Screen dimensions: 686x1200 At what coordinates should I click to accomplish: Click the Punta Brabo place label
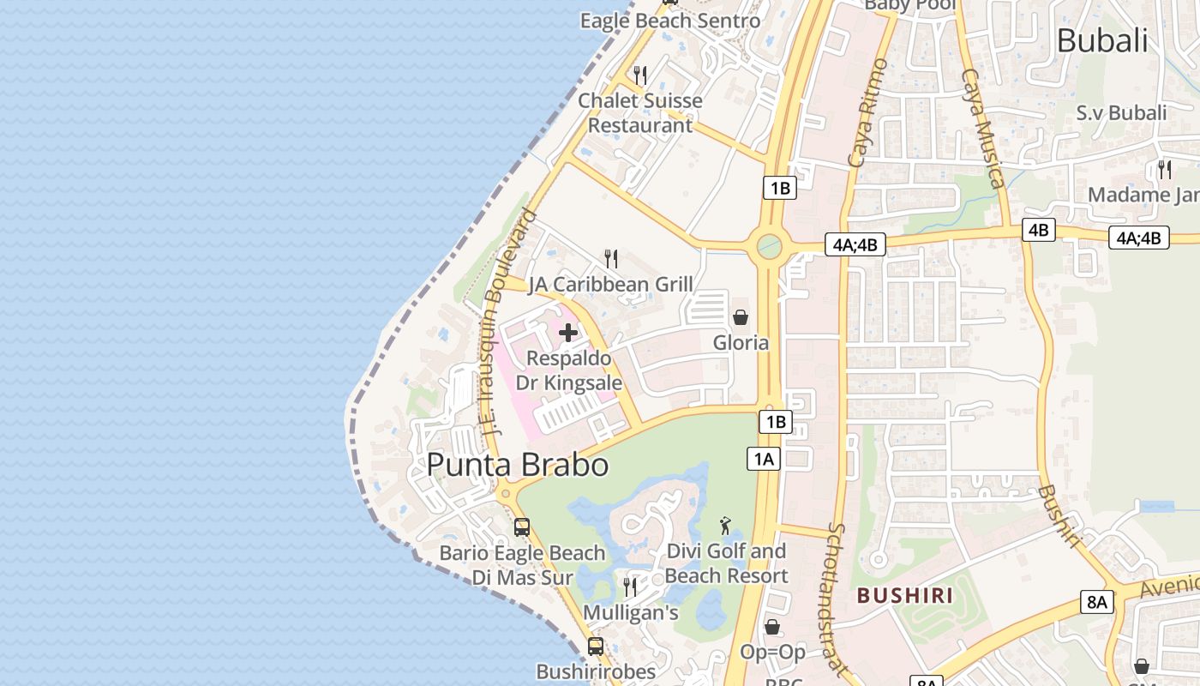[518, 465]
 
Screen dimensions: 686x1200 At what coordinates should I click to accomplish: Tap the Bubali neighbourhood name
[1101, 40]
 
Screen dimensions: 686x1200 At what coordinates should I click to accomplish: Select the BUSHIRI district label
[905, 595]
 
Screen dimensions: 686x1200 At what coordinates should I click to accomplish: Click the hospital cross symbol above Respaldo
[568, 333]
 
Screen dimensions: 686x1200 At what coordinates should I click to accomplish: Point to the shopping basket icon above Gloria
[741, 317]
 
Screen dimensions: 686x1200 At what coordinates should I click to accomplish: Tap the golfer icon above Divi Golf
[726, 526]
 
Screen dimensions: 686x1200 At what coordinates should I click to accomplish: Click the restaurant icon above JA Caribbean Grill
[611, 258]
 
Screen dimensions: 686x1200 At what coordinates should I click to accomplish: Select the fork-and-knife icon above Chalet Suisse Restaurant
[640, 75]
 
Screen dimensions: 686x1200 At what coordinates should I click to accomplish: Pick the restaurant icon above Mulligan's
[630, 587]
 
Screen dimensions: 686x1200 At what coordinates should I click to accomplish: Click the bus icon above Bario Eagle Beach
[522, 527]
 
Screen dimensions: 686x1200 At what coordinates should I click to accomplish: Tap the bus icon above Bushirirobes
[595, 646]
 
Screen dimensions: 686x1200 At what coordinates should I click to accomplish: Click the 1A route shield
[763, 460]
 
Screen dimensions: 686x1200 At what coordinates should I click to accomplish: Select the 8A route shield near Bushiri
[1097, 602]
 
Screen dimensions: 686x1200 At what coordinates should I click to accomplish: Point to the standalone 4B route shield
[1038, 230]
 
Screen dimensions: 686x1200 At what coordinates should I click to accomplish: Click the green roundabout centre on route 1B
[769, 248]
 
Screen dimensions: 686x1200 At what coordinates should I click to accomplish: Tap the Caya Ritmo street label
[867, 111]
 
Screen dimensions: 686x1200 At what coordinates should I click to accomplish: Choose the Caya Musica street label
[982, 129]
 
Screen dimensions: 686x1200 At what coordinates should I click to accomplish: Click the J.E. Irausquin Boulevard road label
[508, 322]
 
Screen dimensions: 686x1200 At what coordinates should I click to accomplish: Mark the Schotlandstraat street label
[838, 600]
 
